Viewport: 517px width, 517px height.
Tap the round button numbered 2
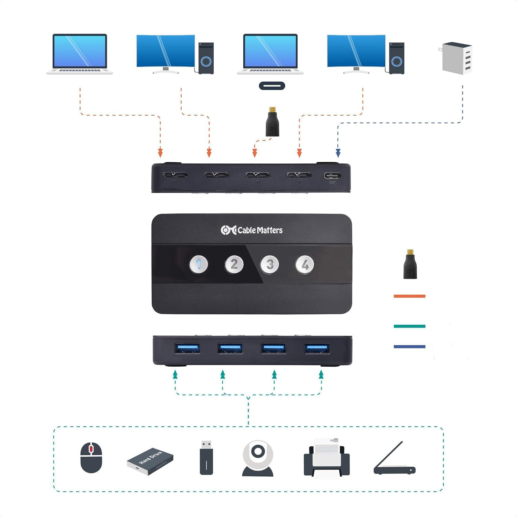click(234, 265)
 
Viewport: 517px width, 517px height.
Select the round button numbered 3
click(270, 265)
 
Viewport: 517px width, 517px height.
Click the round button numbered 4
click(305, 265)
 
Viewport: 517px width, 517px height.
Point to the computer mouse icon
click(91, 457)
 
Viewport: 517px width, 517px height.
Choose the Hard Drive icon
click(150, 461)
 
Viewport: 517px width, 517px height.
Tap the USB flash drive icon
click(206, 457)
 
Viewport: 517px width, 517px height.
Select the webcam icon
click(258, 458)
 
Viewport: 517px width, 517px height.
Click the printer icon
click(327, 458)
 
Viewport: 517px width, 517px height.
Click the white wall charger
click(457, 58)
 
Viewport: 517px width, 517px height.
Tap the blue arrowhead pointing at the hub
click(338, 153)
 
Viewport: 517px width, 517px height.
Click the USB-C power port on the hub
click(332, 175)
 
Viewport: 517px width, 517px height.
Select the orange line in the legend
click(409, 296)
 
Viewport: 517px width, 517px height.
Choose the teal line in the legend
click(409, 326)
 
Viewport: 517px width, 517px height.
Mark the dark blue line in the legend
click(409, 346)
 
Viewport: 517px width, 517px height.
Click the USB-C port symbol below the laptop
click(272, 85)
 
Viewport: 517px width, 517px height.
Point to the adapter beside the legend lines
click(410, 264)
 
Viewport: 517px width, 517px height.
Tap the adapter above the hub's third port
click(272, 122)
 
